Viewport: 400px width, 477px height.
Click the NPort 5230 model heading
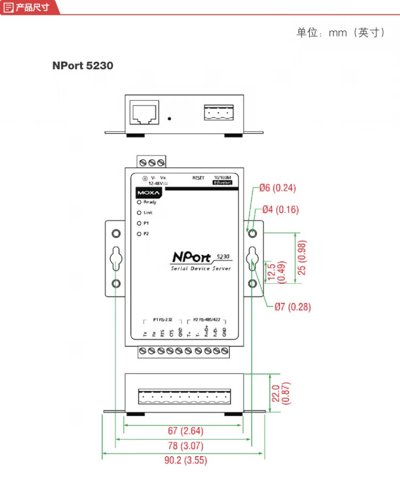point(83,66)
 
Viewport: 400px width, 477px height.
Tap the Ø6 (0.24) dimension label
point(277,188)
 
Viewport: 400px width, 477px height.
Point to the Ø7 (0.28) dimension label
point(293,307)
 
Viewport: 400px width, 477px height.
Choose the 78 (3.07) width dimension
point(185,446)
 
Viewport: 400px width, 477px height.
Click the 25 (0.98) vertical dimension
point(302,258)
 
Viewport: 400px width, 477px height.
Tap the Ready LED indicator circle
point(139,202)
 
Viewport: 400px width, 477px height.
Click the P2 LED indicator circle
point(139,234)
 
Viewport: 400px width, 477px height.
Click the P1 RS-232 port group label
point(162,320)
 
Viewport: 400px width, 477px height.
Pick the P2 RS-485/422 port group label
point(205,320)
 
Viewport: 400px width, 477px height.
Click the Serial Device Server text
point(201,269)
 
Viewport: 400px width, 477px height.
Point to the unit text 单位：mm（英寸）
point(341,33)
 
